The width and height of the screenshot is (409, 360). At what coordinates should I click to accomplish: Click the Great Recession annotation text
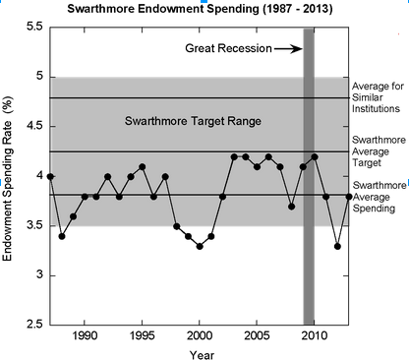pos(227,48)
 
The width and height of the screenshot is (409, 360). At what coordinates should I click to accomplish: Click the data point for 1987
pos(50,176)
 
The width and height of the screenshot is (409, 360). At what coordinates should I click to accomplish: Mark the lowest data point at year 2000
pos(200,246)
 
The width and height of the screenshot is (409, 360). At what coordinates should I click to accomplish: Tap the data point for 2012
pos(337,246)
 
